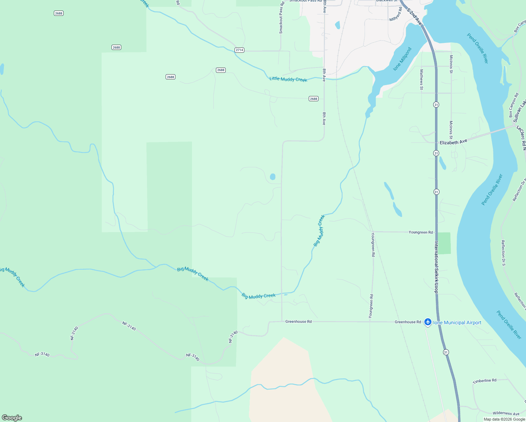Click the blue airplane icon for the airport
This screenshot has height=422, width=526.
click(x=428, y=322)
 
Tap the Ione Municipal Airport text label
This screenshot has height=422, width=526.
click(x=457, y=322)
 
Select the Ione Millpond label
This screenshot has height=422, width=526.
click(x=402, y=59)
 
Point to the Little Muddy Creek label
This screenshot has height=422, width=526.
click(x=288, y=79)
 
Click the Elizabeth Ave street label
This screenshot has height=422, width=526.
click(x=453, y=142)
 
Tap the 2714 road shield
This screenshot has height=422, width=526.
click(x=239, y=50)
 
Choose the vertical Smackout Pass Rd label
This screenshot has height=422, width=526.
click(x=281, y=18)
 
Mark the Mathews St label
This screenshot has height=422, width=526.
click(x=422, y=79)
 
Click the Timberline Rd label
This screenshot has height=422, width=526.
click(x=485, y=381)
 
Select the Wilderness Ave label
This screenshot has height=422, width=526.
click(x=506, y=414)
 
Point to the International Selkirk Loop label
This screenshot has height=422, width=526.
click(x=436, y=267)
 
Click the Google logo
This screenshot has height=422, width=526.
click(x=12, y=418)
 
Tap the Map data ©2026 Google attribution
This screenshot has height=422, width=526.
click(x=504, y=419)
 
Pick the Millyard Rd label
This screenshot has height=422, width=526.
click(x=396, y=14)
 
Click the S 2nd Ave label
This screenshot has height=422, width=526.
click(x=414, y=16)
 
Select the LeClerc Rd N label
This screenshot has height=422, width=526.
click(x=521, y=138)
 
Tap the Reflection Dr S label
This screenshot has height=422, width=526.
click(x=503, y=252)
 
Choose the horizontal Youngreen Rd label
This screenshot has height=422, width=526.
click(x=421, y=232)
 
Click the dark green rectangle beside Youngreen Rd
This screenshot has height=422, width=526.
click(x=444, y=243)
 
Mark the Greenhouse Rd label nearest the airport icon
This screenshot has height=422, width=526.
click(x=408, y=322)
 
